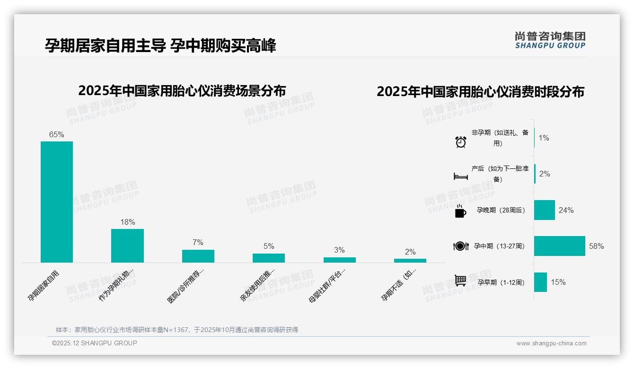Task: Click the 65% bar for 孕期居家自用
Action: pos(57,202)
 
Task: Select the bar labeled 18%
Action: pos(127,246)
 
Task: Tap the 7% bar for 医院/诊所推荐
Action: pos(198,256)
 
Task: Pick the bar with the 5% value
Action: pos(269,258)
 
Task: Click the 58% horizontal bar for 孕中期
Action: pos(559,246)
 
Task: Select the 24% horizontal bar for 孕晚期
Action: pos(544,210)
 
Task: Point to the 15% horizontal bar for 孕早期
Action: pos(540,282)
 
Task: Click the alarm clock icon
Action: pos(460,141)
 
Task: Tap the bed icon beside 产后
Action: pos(460,176)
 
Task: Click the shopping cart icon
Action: pos(460,281)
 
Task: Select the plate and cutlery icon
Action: pos(460,246)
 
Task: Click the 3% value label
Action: pos(339,250)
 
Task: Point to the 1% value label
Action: pos(544,138)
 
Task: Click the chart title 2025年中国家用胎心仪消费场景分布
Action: pos(182,90)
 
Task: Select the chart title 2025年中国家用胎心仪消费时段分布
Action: pos(480,91)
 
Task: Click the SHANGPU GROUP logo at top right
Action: pos(550,40)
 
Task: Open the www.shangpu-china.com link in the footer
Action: pos(551,343)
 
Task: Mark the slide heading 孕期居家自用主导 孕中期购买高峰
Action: pos(160,45)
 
